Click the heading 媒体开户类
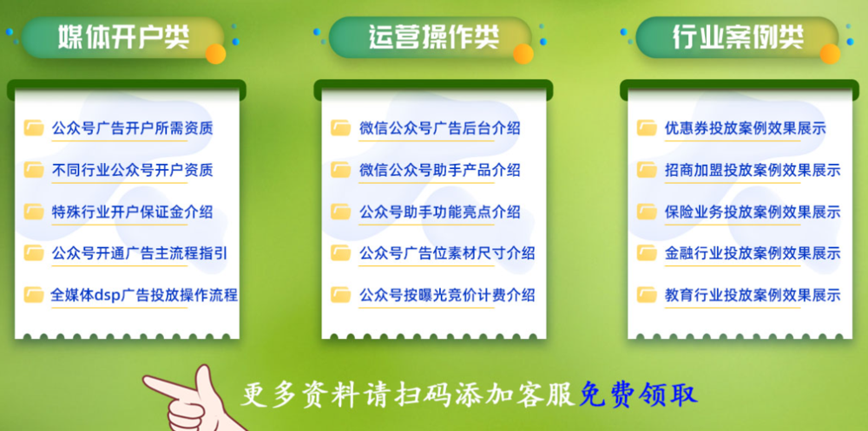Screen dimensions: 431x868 coord(123,37)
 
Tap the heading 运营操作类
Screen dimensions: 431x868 coord(433,37)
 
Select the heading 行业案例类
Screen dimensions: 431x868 coord(738,37)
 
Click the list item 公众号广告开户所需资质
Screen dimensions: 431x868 coord(132,128)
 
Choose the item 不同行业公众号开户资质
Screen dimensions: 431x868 coord(132,170)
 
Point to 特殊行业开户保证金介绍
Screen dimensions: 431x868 coord(132,212)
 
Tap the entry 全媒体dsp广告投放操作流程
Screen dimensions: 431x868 coord(144,295)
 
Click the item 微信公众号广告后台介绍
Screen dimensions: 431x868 coord(439,128)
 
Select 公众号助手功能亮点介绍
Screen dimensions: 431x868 coord(439,212)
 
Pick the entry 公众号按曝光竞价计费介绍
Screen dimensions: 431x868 coord(447,295)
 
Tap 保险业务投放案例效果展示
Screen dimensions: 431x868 coord(753,212)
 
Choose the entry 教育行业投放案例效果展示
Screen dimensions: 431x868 coord(753,295)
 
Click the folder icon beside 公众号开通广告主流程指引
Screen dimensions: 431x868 coord(35,253)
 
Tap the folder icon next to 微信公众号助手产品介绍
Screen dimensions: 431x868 coord(341,170)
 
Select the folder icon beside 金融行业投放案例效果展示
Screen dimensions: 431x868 coord(647,253)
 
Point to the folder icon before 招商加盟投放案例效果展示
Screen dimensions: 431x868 coord(647,170)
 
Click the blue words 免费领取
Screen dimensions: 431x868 coord(638,395)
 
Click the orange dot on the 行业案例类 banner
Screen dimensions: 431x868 coord(830,55)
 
